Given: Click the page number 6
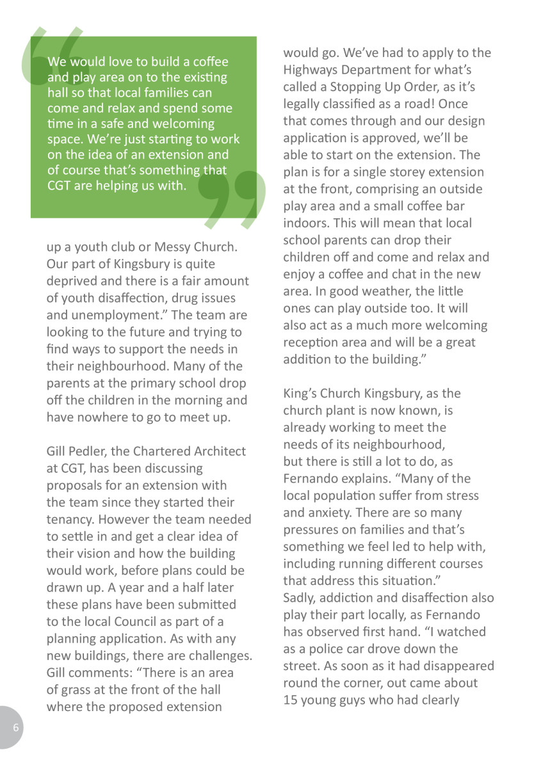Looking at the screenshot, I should [16, 728].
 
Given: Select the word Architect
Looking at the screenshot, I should [216, 451].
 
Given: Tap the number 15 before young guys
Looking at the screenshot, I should [290, 700].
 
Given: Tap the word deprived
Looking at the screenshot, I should [72, 281].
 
